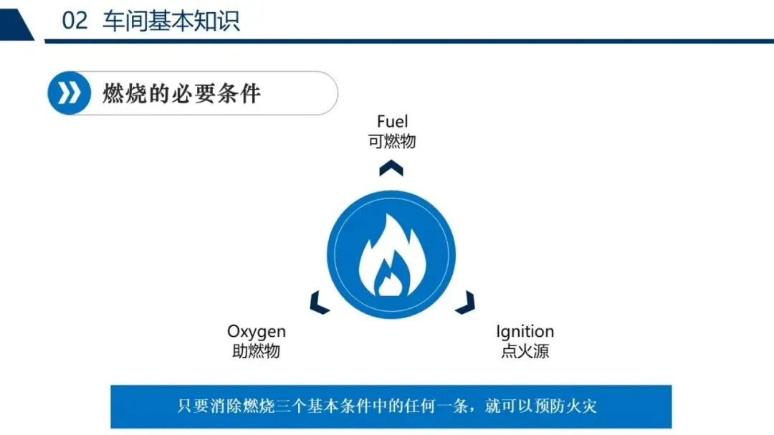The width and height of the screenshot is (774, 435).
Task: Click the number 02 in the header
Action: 75,21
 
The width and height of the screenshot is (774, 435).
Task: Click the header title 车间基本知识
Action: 171,21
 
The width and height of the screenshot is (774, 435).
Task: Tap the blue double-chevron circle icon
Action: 69,93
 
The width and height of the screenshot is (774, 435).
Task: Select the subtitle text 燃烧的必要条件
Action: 181,93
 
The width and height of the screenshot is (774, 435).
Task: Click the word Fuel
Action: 393,121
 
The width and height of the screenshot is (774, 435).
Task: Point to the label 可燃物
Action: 392,142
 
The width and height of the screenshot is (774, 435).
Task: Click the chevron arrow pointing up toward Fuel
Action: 391,168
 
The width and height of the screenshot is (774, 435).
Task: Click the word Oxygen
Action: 256,332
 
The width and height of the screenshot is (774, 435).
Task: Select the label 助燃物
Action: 256,351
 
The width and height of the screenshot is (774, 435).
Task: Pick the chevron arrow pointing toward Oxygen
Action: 319,302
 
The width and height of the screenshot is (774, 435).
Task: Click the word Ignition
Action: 525,332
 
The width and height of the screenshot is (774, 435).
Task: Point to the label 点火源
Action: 525,351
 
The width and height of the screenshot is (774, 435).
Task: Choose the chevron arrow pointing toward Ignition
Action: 466,302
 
